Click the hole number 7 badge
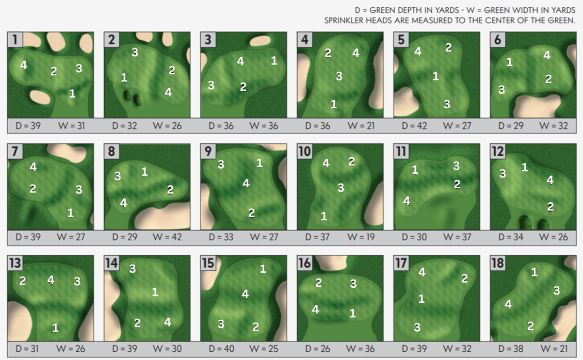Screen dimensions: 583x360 [x=15, y=152]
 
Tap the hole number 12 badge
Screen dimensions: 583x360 [x=497, y=152]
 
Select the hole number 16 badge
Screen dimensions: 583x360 [x=304, y=263]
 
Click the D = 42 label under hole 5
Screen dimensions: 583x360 [x=414, y=126]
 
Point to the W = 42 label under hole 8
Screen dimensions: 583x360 [x=167, y=237]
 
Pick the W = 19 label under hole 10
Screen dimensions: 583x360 [x=361, y=237]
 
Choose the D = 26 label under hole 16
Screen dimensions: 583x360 [x=317, y=349]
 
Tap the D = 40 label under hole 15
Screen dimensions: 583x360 [x=221, y=349]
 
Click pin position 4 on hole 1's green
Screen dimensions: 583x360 [x=23, y=65]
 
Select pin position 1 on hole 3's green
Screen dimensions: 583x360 [x=274, y=60]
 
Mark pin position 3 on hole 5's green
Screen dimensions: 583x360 [x=447, y=104]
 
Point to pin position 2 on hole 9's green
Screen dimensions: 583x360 [x=252, y=213]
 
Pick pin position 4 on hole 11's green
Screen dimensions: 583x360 [x=407, y=201]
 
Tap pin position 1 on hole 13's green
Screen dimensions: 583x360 [x=55, y=328]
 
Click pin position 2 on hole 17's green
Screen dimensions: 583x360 [x=464, y=279]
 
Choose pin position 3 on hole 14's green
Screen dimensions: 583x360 [x=133, y=269]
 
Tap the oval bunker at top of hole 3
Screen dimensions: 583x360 [x=260, y=41]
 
